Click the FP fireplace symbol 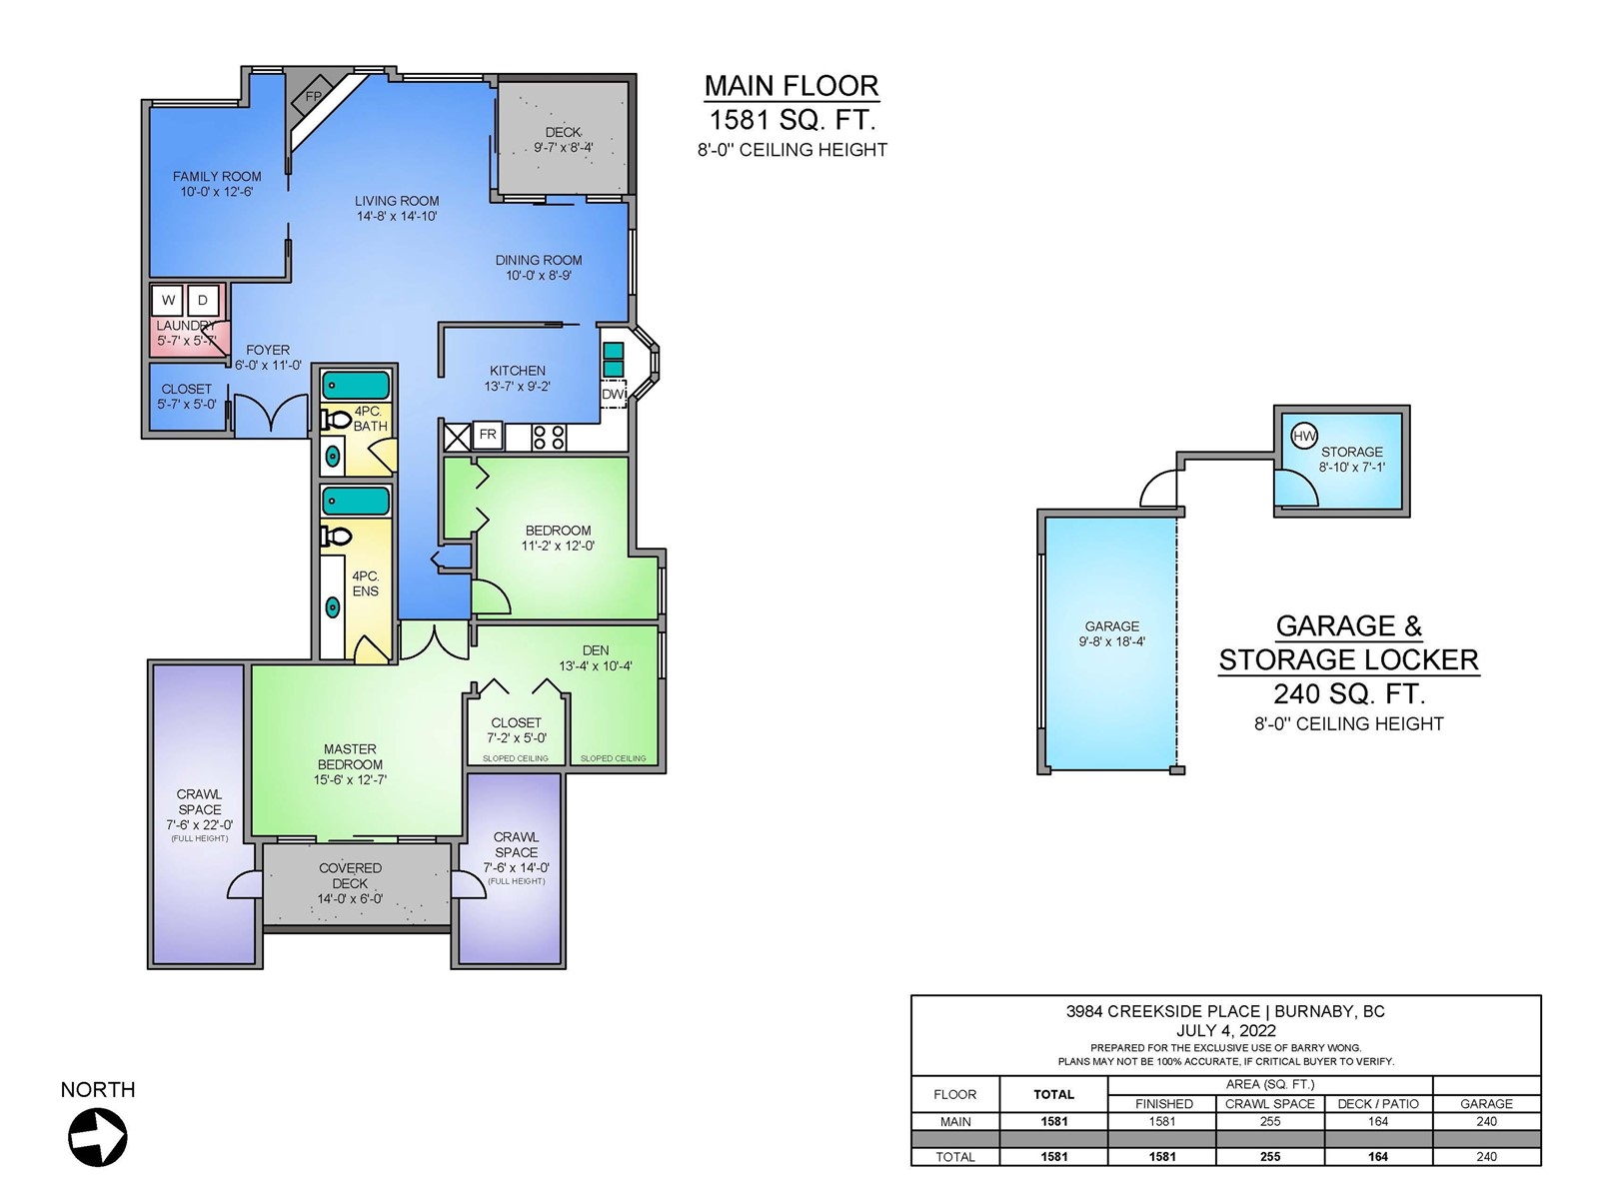pos(313,96)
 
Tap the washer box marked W pos(168,300)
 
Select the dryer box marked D pos(203,300)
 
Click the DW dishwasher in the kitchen pos(614,394)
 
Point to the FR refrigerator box pos(488,435)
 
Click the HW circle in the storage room pos(1304,436)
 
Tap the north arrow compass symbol pos(98,1136)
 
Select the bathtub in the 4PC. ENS pos(356,502)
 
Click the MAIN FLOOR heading pos(792,86)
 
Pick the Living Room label pos(397,201)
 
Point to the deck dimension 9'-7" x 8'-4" pos(563,148)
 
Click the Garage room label pos(1111,626)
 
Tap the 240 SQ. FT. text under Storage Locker pos(1348,693)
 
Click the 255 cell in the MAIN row pos(1270,1122)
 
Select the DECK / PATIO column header pos(1378,1104)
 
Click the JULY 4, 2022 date pos(1226,1031)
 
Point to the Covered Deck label pos(351,876)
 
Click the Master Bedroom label pos(350,756)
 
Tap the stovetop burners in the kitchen pos(549,438)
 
